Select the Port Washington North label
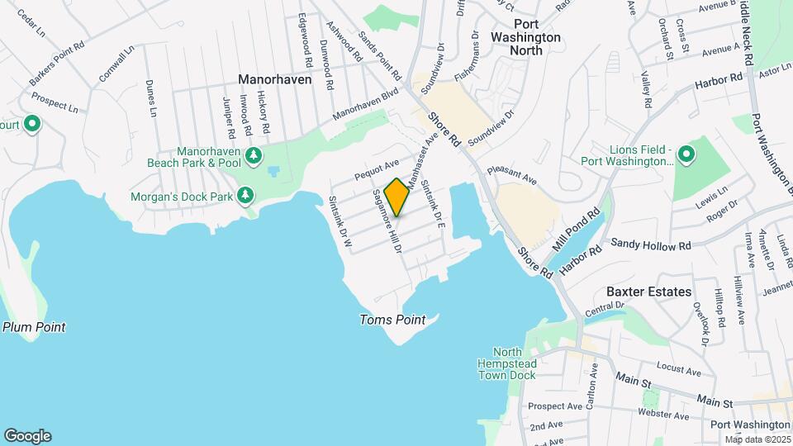[525, 37]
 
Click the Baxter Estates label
[648, 292]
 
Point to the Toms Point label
[392, 320]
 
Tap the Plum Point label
[34, 327]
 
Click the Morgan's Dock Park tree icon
[245, 195]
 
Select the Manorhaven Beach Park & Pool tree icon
[255, 154]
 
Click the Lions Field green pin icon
[686, 154]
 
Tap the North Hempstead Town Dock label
[506, 363]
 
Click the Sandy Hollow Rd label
[650, 245]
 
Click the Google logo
[27, 435]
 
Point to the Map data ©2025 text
[757, 439]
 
